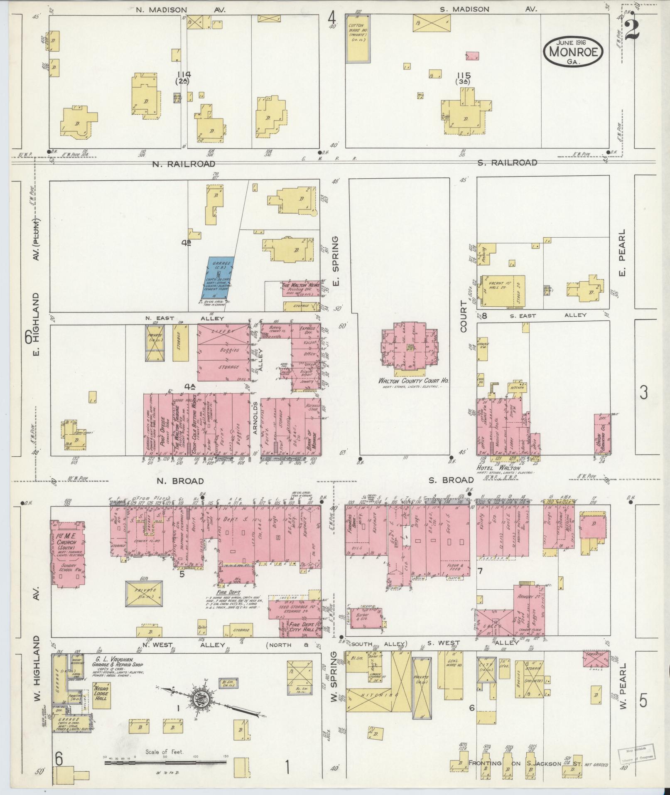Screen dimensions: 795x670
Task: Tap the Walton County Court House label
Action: (x=409, y=380)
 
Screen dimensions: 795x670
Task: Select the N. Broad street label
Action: (x=180, y=481)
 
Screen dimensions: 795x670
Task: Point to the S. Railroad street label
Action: (x=507, y=162)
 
